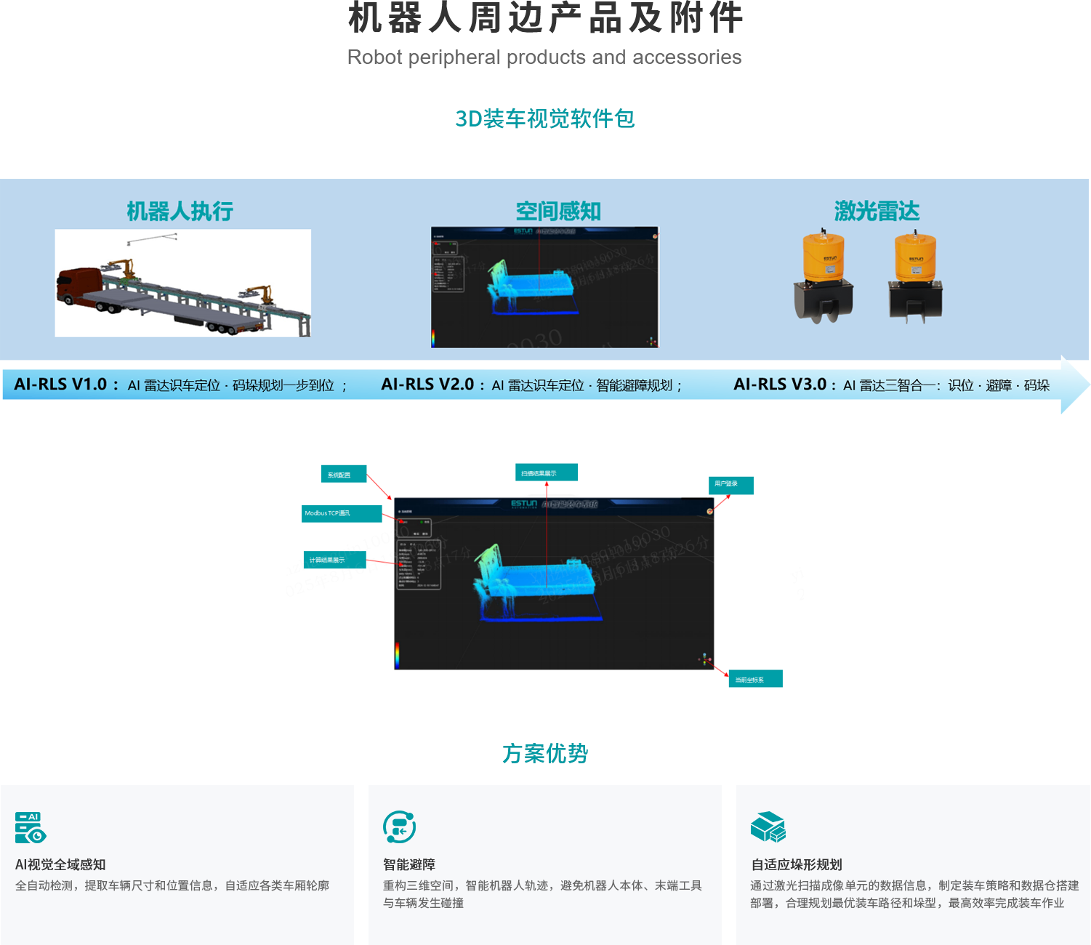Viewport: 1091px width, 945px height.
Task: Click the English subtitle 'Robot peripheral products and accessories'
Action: click(x=544, y=57)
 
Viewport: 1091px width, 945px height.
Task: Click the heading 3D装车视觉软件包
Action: click(x=544, y=118)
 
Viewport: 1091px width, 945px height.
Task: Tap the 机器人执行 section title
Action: click(x=180, y=212)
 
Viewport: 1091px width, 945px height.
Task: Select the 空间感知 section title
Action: click(x=558, y=212)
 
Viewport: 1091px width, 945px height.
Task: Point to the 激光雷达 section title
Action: click(x=877, y=212)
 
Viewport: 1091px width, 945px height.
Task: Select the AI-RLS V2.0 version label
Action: click(x=427, y=385)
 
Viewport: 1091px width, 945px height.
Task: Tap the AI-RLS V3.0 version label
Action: click(x=780, y=385)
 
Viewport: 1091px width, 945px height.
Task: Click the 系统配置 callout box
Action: click(x=343, y=475)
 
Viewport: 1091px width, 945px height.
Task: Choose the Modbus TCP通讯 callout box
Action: click(x=342, y=513)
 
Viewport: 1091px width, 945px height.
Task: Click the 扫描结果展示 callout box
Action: click(x=547, y=472)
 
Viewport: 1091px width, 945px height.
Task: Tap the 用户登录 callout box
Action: click(x=730, y=485)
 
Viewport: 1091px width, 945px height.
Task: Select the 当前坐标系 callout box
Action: click(x=755, y=679)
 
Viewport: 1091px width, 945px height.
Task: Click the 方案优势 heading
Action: click(x=544, y=754)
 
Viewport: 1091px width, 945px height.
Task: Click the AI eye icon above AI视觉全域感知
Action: click(x=30, y=827)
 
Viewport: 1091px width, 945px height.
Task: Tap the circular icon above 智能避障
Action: click(x=399, y=827)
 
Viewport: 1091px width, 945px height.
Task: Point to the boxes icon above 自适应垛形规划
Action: click(x=768, y=827)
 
